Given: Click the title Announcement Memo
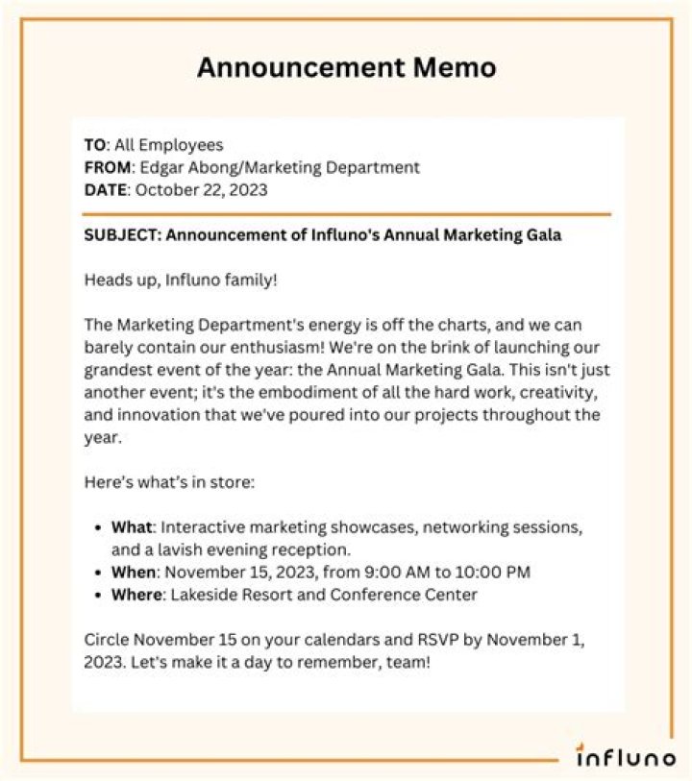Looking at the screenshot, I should (346, 68).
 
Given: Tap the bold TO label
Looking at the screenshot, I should (94, 145).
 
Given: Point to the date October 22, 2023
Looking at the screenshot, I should (202, 190).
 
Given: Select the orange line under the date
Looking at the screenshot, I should (346, 213).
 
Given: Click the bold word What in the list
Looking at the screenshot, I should (132, 528).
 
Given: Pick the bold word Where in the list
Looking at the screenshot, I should (136, 595).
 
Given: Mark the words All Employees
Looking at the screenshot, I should (169, 145).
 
